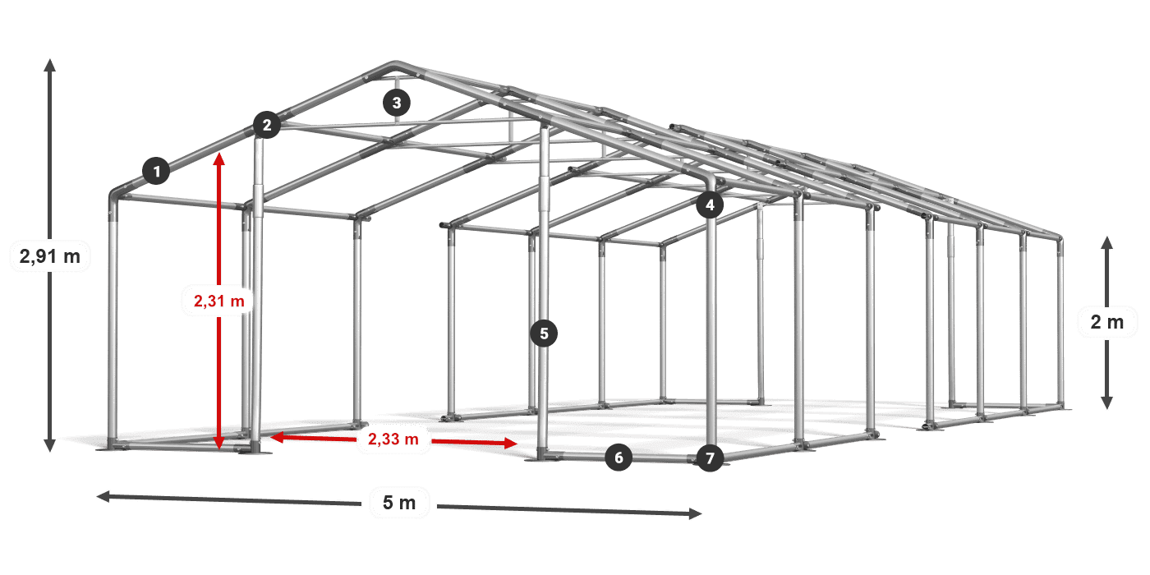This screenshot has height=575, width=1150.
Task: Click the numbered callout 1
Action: point(157,171)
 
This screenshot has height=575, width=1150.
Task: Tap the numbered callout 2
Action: point(266,125)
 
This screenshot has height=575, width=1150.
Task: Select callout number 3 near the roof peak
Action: point(396,103)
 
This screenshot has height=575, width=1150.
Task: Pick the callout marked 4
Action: point(710,205)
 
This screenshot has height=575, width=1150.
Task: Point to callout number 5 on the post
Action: point(544,333)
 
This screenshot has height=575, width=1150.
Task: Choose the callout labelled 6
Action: point(618,458)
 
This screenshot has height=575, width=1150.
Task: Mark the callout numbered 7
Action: point(710,458)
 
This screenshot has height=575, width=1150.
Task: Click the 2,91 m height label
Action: point(50,255)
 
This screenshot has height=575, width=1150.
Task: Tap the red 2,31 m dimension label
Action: point(218,301)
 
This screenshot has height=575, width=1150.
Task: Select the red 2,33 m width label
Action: point(393,439)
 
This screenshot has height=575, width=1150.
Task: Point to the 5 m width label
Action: point(399,503)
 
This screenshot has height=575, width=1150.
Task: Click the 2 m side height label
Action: point(1107,322)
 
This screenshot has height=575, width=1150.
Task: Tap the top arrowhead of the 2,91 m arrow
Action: point(50,65)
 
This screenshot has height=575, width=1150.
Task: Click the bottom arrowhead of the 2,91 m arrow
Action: point(50,445)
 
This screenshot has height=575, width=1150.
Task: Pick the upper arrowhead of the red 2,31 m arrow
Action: point(219,159)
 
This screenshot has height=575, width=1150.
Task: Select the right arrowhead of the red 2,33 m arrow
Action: point(511,443)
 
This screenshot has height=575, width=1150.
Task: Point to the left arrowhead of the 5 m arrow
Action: point(103,496)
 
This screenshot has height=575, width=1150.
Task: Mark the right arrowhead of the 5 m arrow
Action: point(695,513)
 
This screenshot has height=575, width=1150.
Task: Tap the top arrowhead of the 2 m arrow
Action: point(1107,243)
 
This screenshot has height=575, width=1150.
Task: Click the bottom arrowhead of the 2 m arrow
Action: point(1107,403)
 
